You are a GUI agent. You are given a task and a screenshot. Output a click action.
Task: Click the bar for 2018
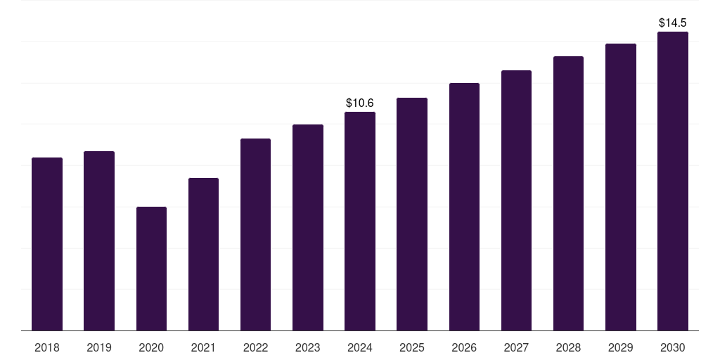(x=47, y=244)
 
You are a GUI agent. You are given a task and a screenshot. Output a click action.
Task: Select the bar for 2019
(x=99, y=240)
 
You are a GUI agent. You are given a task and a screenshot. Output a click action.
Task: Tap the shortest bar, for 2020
(x=151, y=269)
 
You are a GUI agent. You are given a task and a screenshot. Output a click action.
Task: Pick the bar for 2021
(x=203, y=254)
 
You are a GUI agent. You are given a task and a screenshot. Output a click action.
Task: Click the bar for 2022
(x=255, y=234)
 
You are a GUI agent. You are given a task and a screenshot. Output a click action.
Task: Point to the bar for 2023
(x=308, y=227)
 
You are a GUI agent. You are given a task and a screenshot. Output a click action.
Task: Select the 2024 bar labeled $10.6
(x=360, y=221)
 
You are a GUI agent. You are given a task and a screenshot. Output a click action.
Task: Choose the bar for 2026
(x=464, y=207)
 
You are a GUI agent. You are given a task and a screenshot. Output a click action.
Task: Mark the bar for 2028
(x=568, y=193)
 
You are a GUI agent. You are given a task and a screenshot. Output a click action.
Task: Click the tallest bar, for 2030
(x=673, y=181)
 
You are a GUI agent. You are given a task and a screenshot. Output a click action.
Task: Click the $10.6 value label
(x=360, y=103)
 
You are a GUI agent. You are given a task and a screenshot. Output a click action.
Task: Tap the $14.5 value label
(x=673, y=23)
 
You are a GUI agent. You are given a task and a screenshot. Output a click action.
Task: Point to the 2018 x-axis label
(x=47, y=347)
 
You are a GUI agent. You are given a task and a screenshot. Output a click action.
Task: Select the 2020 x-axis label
(x=151, y=347)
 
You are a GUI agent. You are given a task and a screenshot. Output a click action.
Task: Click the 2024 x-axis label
(x=360, y=347)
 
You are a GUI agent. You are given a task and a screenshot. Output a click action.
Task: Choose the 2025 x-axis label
(x=412, y=347)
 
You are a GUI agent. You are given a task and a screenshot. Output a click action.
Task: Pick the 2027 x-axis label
(x=516, y=347)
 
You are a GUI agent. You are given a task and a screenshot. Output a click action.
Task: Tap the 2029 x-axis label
(x=621, y=347)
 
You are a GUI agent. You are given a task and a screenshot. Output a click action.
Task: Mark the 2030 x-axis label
(x=673, y=347)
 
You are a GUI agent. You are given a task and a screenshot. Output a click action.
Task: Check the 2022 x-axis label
(x=255, y=347)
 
